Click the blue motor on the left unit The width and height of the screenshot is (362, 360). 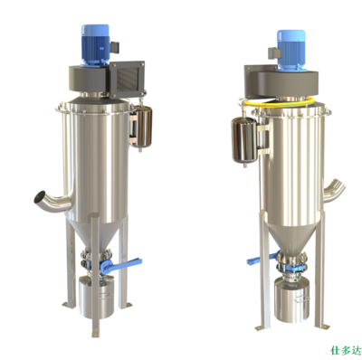pyautogui.click(x=95, y=44)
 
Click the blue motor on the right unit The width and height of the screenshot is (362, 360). pyautogui.click(x=291, y=50)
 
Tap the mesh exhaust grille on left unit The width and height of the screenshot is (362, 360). pyautogui.click(x=127, y=79)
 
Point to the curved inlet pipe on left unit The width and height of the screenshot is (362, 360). pyautogui.click(x=52, y=201)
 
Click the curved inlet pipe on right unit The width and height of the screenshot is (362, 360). pyautogui.click(x=334, y=191)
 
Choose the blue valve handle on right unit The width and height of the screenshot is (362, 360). pyautogui.click(x=262, y=259)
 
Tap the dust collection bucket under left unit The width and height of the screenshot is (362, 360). pyautogui.click(x=97, y=296)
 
